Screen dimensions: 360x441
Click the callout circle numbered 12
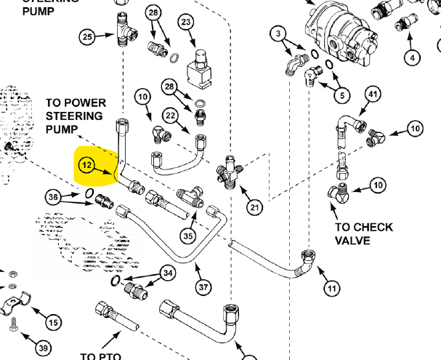click(86, 166)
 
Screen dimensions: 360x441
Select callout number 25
click(86, 36)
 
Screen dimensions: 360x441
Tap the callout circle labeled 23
click(186, 23)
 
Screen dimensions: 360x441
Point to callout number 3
click(278, 33)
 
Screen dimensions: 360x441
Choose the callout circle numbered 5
click(341, 94)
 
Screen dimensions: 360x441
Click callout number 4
click(413, 57)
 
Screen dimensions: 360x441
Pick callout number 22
click(170, 116)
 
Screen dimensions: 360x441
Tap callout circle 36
click(52, 196)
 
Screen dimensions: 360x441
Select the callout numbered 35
click(188, 235)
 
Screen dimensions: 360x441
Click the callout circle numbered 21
click(254, 208)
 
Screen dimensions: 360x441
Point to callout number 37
click(203, 287)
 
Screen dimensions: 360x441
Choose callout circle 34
click(169, 273)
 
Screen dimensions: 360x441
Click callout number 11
click(331, 288)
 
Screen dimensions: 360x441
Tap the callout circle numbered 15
click(53, 322)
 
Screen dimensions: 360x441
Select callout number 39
click(43, 348)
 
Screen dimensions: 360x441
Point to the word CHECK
click(373, 227)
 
